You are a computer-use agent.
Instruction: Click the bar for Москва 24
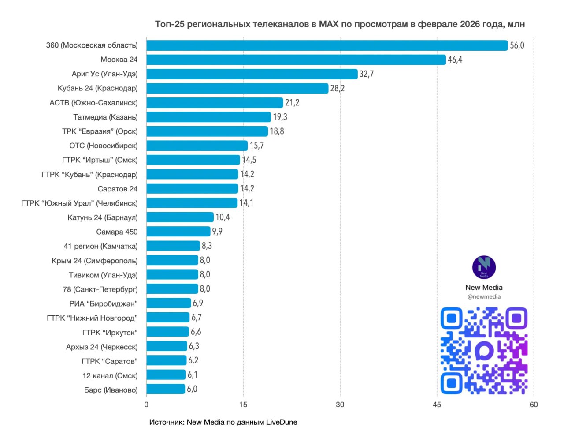[x=296, y=60]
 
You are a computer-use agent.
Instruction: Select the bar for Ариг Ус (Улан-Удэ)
[x=252, y=74]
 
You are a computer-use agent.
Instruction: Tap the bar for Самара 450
[x=178, y=232]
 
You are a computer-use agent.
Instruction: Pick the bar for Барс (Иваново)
[x=165, y=389]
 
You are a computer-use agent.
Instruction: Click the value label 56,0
[x=517, y=45]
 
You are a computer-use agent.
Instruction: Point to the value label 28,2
[x=338, y=88]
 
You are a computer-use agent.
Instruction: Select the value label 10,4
[x=223, y=217]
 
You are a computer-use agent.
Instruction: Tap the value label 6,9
[x=198, y=303]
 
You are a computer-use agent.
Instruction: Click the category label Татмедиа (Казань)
[x=105, y=117]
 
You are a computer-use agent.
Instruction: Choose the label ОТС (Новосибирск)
[x=103, y=146]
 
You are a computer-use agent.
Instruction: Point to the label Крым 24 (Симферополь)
[x=94, y=261]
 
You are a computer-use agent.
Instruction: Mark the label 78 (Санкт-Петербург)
[x=100, y=289]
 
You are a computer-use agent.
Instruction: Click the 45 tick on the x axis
[x=437, y=405]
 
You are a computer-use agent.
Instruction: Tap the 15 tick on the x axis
[x=243, y=405]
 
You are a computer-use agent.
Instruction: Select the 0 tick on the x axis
[x=146, y=405]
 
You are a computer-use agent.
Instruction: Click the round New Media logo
[x=484, y=267]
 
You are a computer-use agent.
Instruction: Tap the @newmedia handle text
[x=484, y=297]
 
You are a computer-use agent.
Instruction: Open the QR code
[x=484, y=351]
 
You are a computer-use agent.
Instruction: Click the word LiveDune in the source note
[x=282, y=422]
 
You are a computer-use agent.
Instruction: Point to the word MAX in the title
[x=329, y=24]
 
